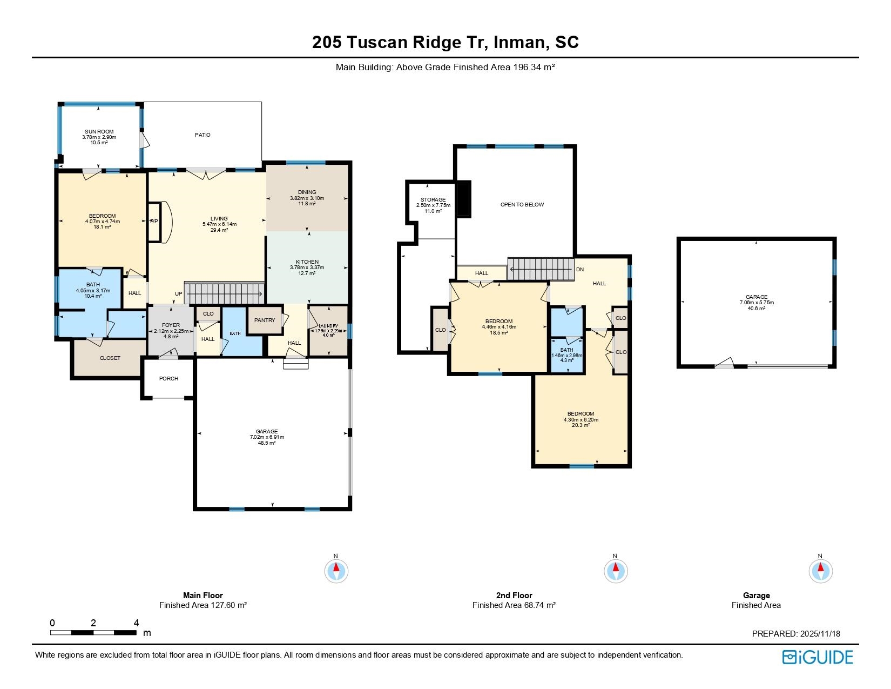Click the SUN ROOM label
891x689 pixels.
point(99,132)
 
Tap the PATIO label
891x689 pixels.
point(202,135)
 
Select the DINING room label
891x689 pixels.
point(307,192)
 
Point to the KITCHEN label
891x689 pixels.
point(307,262)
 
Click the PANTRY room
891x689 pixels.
point(265,320)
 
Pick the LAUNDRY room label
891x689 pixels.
point(328,326)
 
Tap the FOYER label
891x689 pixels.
point(171,325)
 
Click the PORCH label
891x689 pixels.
point(168,378)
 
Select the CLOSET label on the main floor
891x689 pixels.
point(110,358)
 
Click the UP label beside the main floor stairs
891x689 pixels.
point(178,294)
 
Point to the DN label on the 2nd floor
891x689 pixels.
point(580,270)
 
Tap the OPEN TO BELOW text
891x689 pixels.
point(522,204)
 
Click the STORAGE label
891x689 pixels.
point(433,200)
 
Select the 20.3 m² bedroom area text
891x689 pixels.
point(580,425)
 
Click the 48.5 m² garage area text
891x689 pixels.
point(267,443)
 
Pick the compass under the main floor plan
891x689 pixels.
point(336,571)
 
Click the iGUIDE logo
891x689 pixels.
point(818,657)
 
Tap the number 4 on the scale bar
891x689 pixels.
point(136,623)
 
